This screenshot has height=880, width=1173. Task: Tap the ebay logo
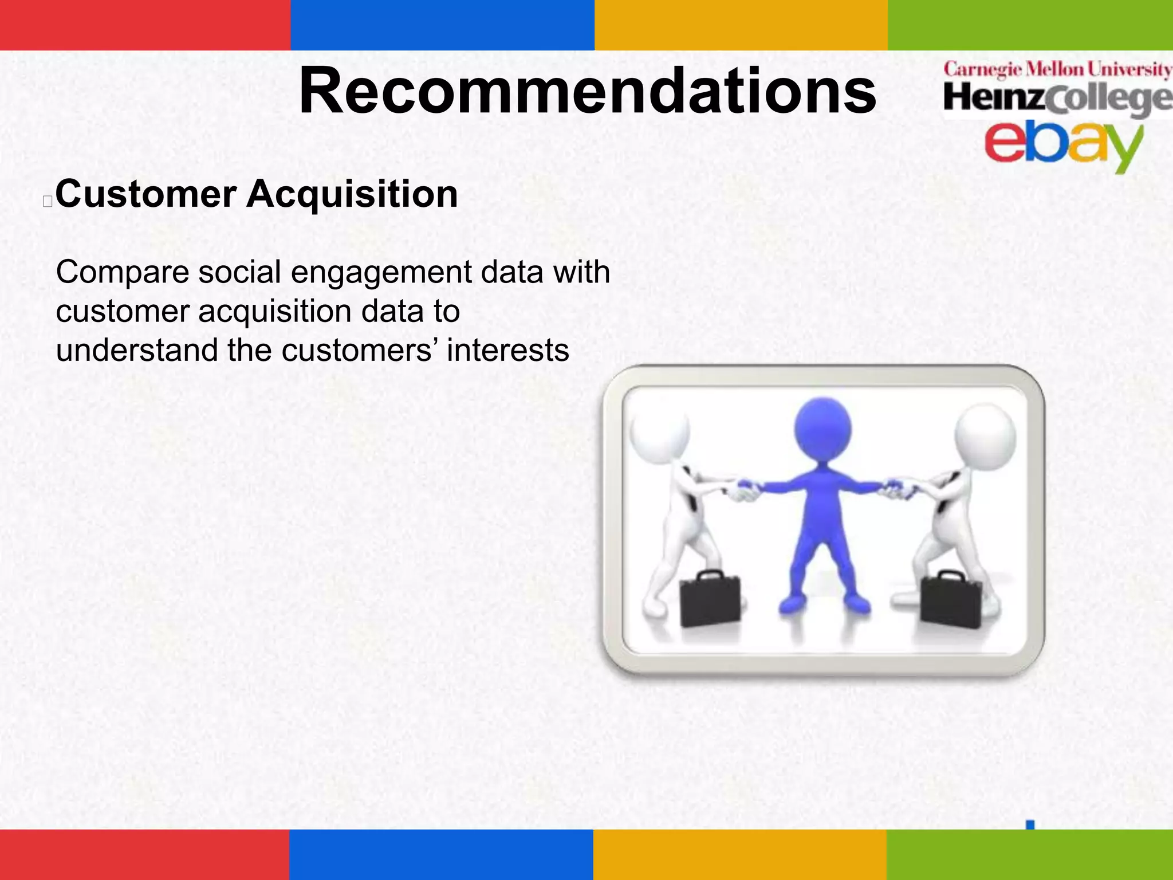coord(1062,143)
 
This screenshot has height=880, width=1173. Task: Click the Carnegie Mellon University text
coord(1057,69)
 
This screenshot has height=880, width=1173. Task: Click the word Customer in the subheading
coord(146,194)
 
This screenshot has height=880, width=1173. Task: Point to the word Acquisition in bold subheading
coord(352,194)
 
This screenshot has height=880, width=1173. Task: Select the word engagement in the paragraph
coord(381,272)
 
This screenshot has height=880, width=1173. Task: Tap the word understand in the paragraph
coord(136,350)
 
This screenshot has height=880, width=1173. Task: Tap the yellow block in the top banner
coord(741,25)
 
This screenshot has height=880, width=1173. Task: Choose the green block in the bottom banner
coord(1029,854)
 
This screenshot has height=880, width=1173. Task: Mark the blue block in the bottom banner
coord(441,854)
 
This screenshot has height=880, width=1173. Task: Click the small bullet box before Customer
coord(48,201)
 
